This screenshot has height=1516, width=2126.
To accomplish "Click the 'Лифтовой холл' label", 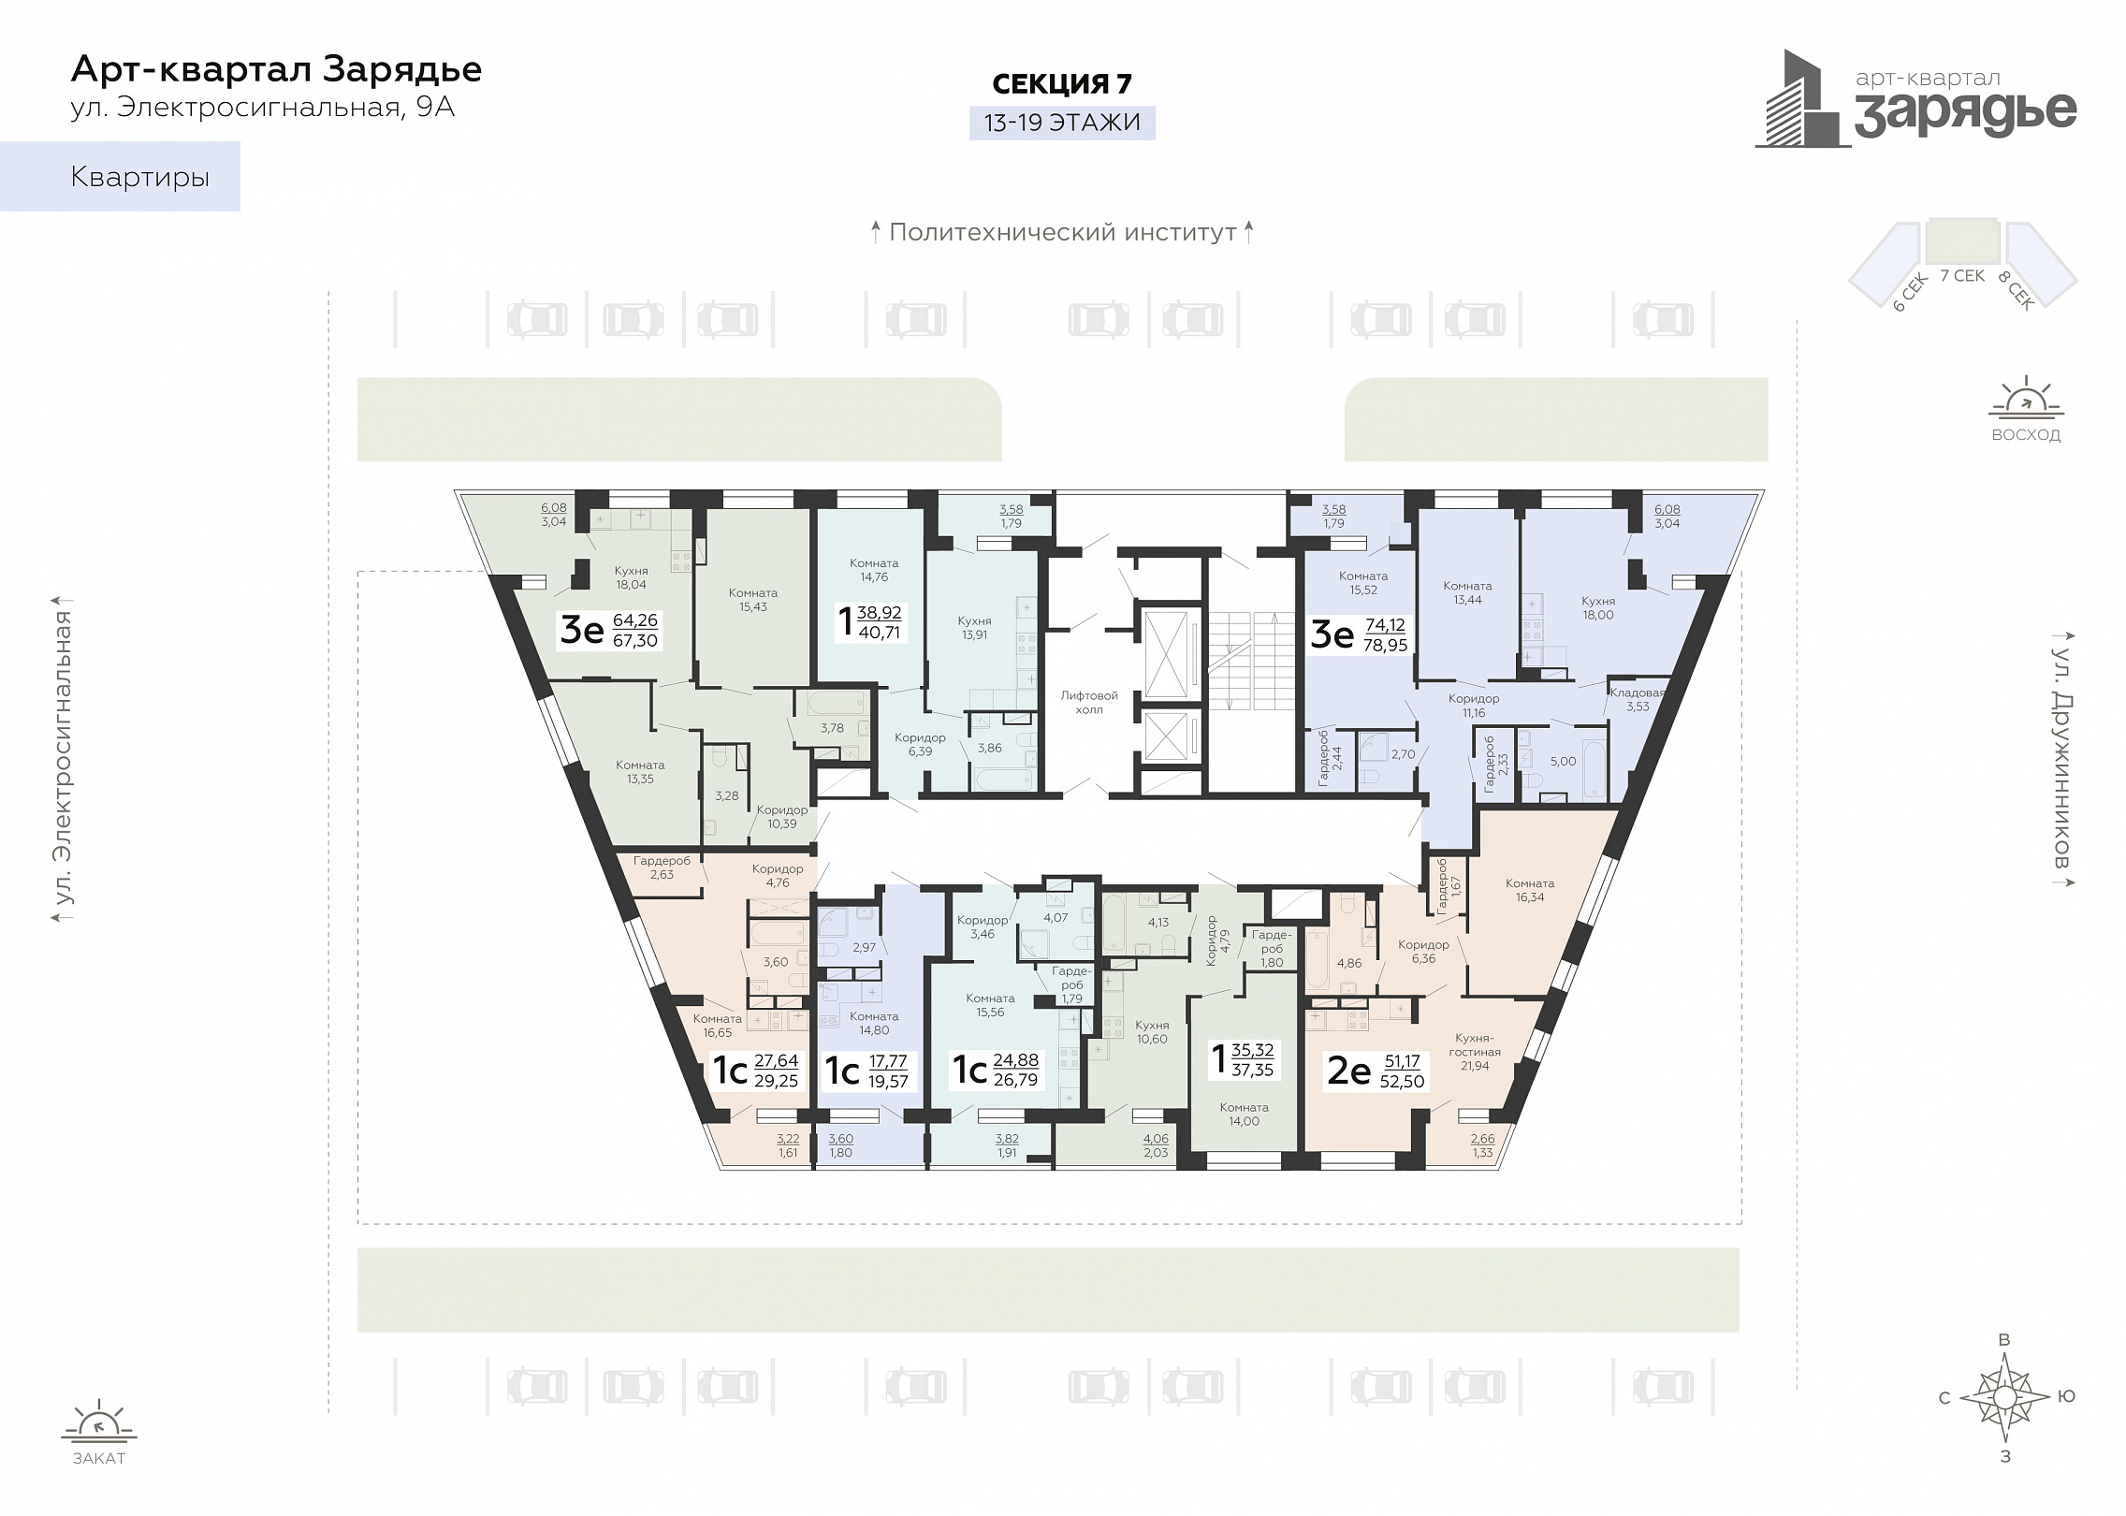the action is click(x=1088, y=703).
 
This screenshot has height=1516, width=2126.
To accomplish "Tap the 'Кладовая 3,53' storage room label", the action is click(x=1638, y=699).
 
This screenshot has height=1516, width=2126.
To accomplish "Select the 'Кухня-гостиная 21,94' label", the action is click(x=1475, y=1052).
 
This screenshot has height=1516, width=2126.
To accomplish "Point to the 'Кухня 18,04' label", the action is click(x=632, y=577).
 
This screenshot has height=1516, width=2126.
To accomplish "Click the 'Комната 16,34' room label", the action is click(x=1530, y=890).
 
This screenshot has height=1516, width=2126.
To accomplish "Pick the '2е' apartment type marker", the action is click(x=1349, y=1071).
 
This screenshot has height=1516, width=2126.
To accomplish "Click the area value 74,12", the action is click(x=1385, y=625).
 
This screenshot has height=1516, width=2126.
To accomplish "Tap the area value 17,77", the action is click(x=888, y=1061).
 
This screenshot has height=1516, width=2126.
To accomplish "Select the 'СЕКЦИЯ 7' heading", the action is click(x=1062, y=83).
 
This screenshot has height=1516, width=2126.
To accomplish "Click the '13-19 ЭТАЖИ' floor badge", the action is click(x=1062, y=123).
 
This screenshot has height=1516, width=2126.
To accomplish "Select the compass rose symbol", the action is click(x=2004, y=1398).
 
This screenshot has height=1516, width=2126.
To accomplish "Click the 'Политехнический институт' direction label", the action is click(x=1063, y=232).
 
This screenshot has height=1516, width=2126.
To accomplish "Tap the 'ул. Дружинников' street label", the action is click(x=2061, y=757).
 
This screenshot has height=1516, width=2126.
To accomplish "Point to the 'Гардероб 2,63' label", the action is click(x=662, y=867).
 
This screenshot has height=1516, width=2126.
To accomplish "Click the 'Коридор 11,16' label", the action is click(x=1474, y=706).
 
